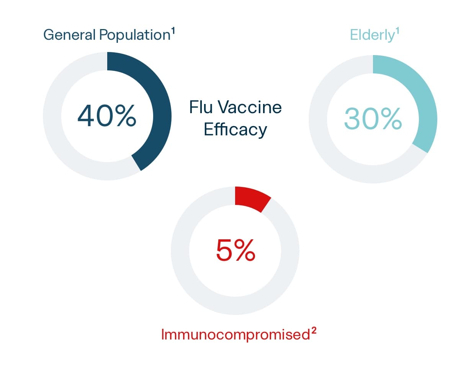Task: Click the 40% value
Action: point(107,115)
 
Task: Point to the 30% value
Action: point(373,119)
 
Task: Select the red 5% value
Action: point(235,250)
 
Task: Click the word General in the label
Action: point(69,35)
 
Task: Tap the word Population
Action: point(135,35)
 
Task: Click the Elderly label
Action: point(372,35)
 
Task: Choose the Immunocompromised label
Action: point(235,335)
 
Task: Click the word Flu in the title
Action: point(201,107)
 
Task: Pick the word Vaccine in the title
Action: point(250,107)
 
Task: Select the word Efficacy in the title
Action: point(235,129)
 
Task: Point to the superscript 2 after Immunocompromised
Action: point(314,331)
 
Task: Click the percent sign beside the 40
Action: point(126,115)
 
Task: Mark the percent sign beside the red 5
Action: point(245,250)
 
